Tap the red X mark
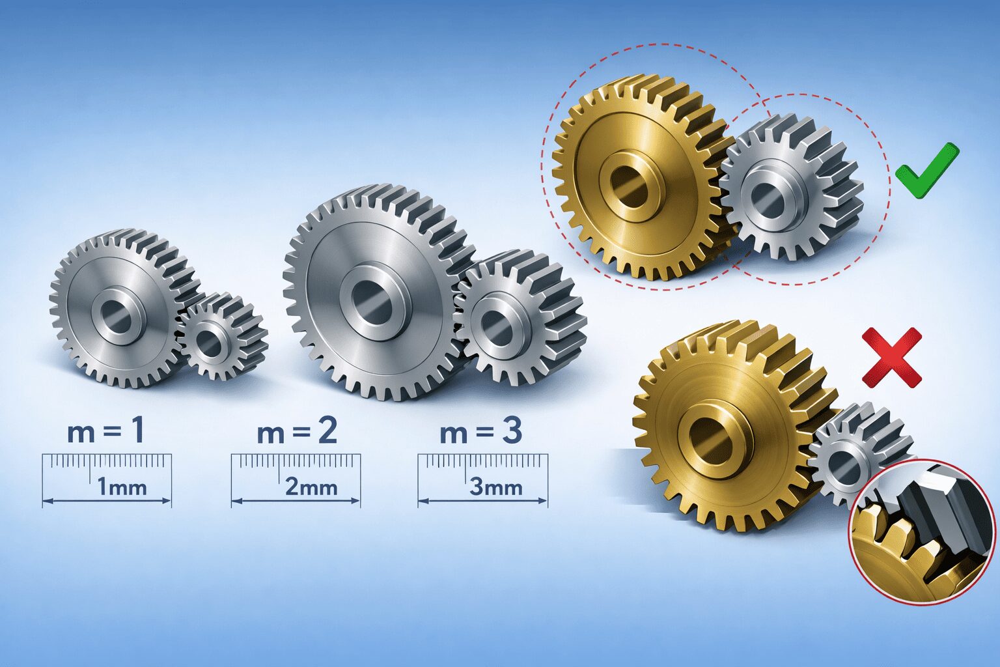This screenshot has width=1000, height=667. [x=891, y=357]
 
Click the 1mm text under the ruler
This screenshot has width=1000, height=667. [x=122, y=487]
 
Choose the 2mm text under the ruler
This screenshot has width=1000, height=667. [x=311, y=487]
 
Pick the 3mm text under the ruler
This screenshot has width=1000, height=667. [x=496, y=487]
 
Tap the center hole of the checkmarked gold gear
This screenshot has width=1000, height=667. [x=630, y=182]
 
